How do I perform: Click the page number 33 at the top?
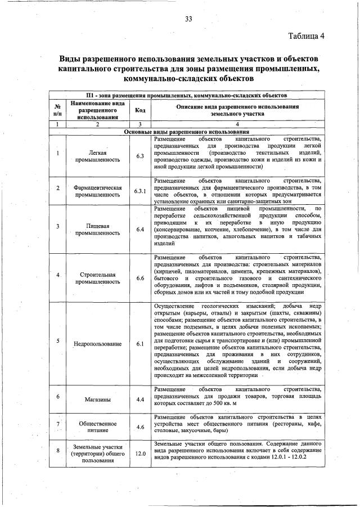(x=189, y=19)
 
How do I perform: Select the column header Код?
(x=140, y=110)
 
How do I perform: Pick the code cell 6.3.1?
(x=140, y=191)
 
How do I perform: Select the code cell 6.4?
(x=140, y=230)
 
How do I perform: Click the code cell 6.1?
(x=140, y=343)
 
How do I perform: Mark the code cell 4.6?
(x=140, y=427)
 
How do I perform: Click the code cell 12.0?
(x=140, y=453)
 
